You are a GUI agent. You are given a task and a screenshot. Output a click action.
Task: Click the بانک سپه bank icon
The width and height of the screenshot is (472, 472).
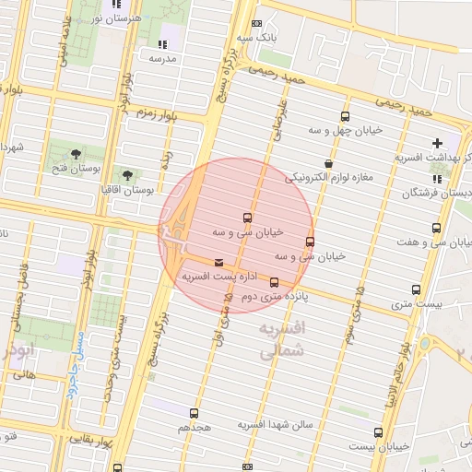click(255, 23)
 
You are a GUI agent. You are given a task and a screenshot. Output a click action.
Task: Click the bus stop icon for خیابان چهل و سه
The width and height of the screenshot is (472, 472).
click(345, 117)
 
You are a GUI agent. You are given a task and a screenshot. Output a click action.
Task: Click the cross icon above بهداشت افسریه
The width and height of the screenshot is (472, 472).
click(437, 143)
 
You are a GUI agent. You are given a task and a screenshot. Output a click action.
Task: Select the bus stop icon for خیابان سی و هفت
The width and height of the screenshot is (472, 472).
click(436, 228)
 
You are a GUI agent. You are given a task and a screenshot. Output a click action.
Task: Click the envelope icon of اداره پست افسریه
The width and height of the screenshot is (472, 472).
click(218, 262)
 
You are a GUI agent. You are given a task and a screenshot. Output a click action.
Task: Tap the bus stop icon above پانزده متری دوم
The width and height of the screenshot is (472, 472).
click(274, 282)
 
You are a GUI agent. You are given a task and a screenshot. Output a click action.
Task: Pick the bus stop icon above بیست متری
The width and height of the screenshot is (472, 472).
click(417, 289)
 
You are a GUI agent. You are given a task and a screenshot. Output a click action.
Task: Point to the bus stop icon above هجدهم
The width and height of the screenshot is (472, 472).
click(194, 413)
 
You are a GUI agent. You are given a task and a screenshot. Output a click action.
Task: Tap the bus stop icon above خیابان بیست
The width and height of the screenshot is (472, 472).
click(378, 432)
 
